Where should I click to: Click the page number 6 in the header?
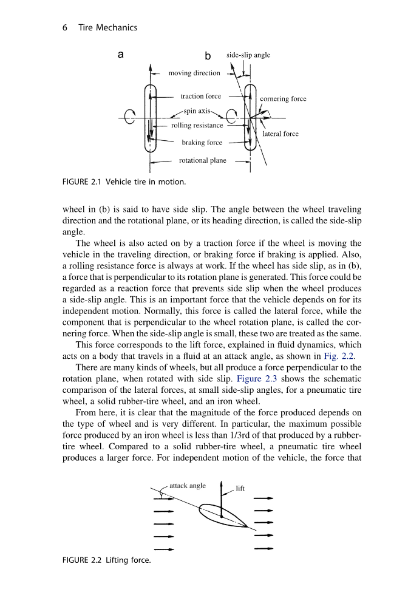(65, 27)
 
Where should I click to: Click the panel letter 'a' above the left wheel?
(121, 55)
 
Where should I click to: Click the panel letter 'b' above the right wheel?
(208, 56)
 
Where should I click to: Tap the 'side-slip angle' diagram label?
(248, 55)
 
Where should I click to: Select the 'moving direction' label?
(194, 73)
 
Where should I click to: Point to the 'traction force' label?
(201, 96)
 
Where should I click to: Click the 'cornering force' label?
(283, 98)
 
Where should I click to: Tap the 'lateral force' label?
(280, 134)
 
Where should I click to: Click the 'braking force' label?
(202, 143)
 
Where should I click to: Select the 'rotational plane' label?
(203, 161)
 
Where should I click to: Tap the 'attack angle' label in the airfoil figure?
(188, 486)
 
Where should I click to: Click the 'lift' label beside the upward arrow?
(240, 488)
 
